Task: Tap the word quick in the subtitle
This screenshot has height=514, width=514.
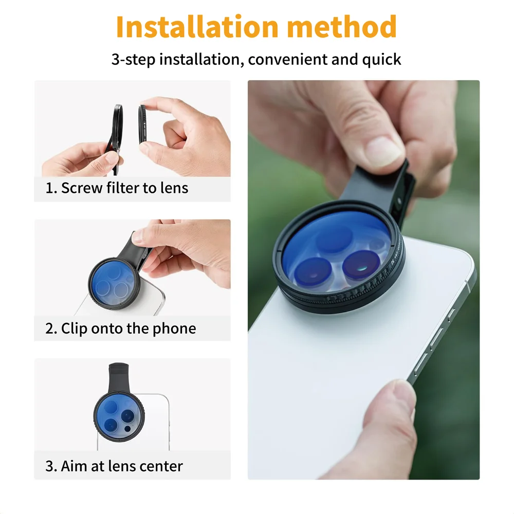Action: [381, 59]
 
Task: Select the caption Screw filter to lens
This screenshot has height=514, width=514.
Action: [117, 188]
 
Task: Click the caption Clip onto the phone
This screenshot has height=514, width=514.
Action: [120, 328]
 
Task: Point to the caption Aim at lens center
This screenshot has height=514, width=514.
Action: [114, 466]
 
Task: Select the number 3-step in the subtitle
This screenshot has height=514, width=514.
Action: [133, 59]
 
